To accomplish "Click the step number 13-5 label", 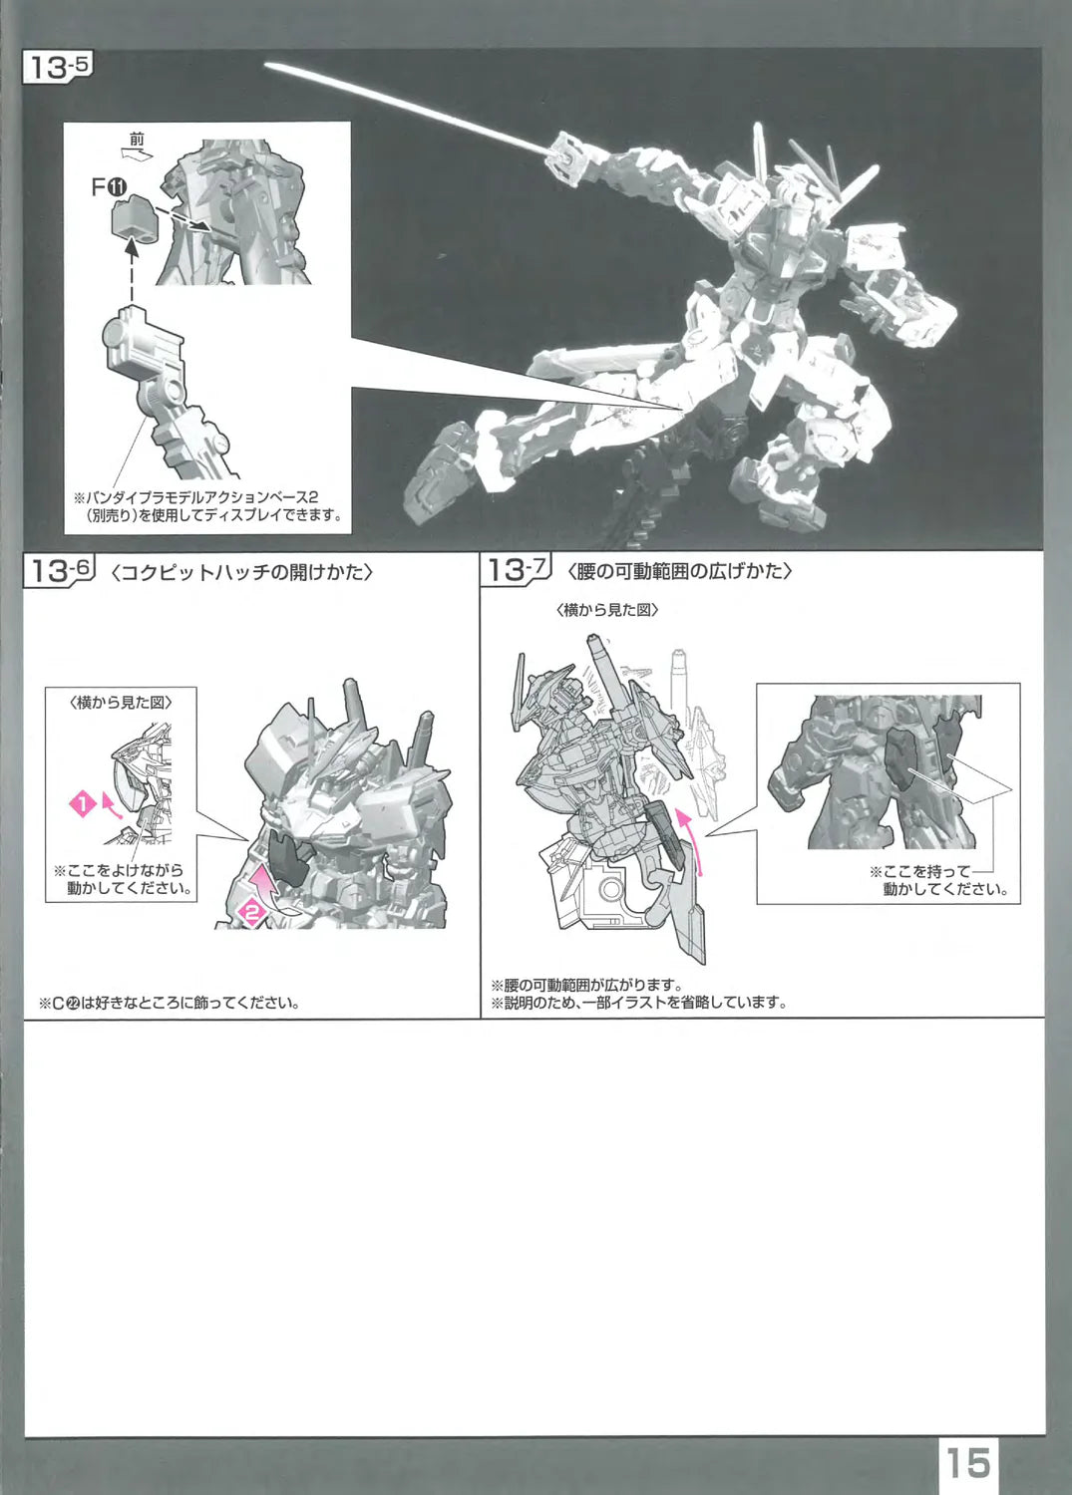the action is [58, 68].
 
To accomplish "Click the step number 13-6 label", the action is [60, 572].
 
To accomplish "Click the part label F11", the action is [109, 189].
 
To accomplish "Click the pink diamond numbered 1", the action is [83, 805].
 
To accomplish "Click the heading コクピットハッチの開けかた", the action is [241, 573].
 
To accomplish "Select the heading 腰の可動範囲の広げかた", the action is [679, 572].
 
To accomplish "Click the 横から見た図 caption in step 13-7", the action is [606, 610].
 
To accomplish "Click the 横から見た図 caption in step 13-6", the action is [121, 703].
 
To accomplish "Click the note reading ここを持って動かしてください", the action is [937, 880].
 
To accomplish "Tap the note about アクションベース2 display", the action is [207, 506].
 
